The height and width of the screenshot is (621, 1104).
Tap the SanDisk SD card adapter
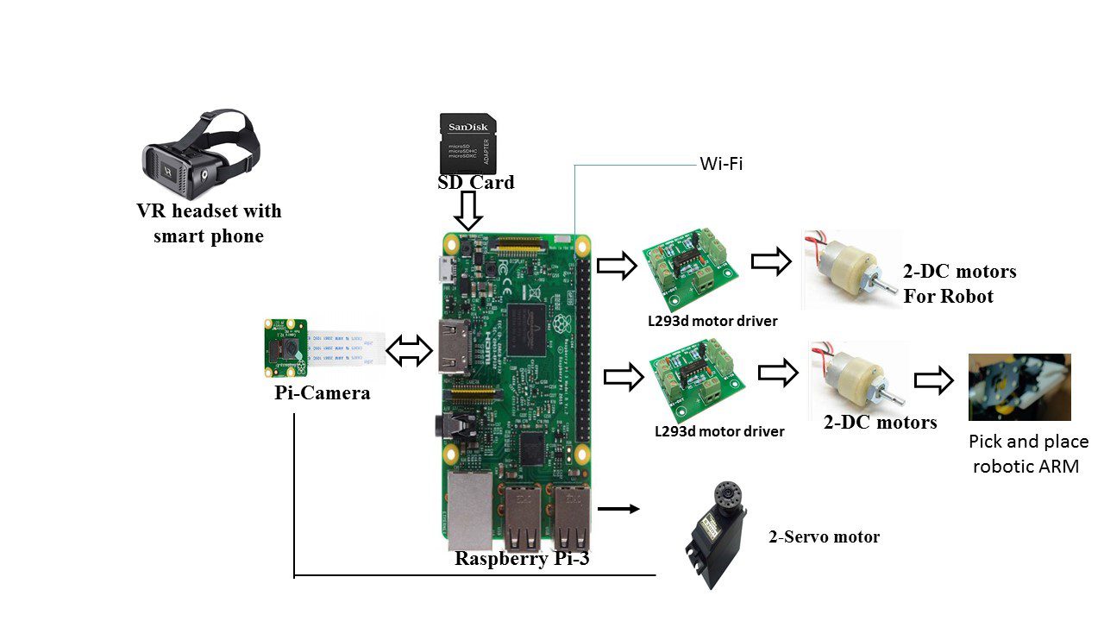coord(467,143)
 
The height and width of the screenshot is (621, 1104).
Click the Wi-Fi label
coord(721,164)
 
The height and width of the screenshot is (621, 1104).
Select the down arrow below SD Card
coord(467,211)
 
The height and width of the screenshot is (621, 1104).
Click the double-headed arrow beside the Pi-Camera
coord(409,351)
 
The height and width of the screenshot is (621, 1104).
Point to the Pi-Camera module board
coord(285,347)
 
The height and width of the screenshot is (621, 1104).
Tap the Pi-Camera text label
coord(323,392)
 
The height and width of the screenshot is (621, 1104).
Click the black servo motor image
coord(716,535)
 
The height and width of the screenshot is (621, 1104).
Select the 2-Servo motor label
coord(824,536)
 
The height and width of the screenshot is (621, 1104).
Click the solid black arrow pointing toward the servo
coord(618,509)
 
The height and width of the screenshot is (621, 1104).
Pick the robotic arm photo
coord(1019,387)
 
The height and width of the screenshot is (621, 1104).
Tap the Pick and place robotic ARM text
coord(1029,454)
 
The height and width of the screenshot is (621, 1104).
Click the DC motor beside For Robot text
coord(851,268)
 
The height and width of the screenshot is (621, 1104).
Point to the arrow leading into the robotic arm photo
coord(934,380)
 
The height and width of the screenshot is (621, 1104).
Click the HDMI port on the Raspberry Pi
coord(454,348)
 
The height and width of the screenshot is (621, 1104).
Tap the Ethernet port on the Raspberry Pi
coord(470,511)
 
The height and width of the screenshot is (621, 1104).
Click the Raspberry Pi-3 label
coord(522,558)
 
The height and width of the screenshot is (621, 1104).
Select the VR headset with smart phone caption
coord(209,223)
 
